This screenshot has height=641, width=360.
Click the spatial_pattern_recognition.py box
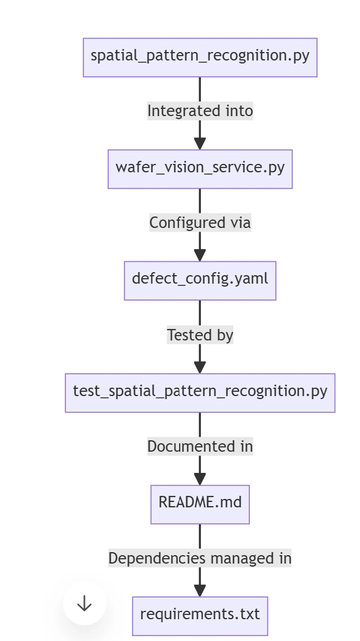click(x=200, y=57)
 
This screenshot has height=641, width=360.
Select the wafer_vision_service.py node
click(x=200, y=169)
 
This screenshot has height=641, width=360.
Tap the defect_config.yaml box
click(x=200, y=281)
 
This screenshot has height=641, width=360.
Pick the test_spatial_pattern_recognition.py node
click(x=200, y=392)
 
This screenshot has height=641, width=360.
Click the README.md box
click(x=200, y=504)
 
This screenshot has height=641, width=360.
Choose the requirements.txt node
click(x=200, y=616)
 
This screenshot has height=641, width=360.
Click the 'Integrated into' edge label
click(x=200, y=111)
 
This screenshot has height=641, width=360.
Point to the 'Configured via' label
click(x=200, y=223)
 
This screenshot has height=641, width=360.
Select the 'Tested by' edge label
click(x=200, y=335)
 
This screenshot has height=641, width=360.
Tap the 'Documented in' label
click(x=200, y=446)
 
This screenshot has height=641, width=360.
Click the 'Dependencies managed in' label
click(x=200, y=558)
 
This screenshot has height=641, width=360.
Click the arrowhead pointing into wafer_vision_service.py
click(x=200, y=144)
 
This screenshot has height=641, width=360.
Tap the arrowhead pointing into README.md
click(x=200, y=479)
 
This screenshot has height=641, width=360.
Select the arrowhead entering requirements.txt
click(x=200, y=591)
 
